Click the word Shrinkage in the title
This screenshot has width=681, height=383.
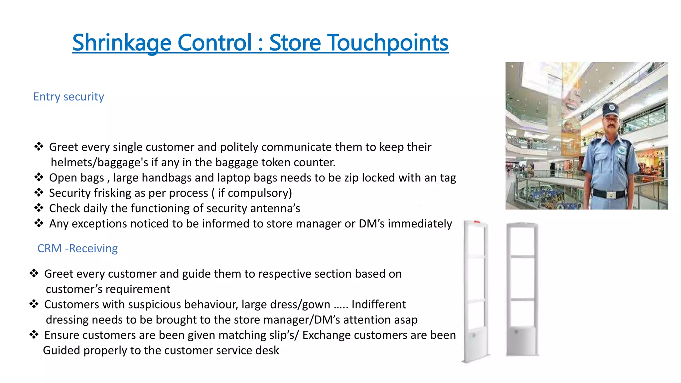(x=122, y=43)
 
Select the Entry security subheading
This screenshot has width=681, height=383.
(x=68, y=97)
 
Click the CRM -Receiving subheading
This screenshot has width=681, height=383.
(x=77, y=248)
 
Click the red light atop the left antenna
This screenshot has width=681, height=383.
(x=477, y=221)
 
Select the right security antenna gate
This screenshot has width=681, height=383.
(x=522, y=289)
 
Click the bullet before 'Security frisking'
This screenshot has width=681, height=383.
(x=39, y=192)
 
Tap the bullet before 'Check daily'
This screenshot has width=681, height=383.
(x=39, y=208)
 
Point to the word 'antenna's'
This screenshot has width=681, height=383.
(x=275, y=208)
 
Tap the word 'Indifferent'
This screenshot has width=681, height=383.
(x=379, y=305)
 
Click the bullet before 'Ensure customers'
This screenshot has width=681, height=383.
(x=34, y=334)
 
